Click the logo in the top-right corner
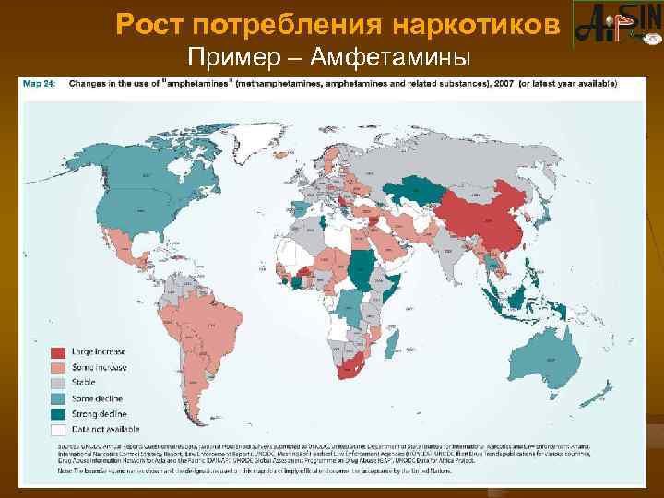(x=615, y=25)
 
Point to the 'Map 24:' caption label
(x=43, y=83)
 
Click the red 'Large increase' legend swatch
(x=57, y=352)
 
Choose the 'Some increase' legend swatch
(x=57, y=368)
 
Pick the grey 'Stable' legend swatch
(x=57, y=384)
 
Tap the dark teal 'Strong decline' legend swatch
(x=57, y=414)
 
